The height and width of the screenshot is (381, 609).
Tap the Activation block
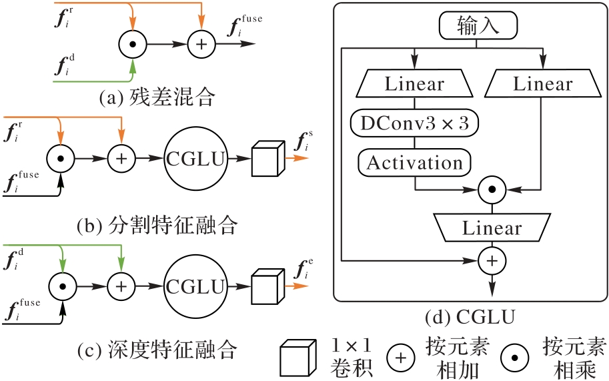coord(415,162)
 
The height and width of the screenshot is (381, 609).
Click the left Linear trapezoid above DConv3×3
coord(414,84)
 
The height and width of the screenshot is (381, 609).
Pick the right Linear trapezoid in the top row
coord(542,84)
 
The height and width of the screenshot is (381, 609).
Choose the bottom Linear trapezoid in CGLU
coord(492,228)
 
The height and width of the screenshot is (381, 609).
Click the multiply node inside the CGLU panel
coord(492,189)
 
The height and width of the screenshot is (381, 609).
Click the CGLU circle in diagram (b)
coord(195,159)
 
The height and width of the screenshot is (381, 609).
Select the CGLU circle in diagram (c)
coord(195,286)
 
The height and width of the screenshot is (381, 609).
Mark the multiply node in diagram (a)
coord(133,46)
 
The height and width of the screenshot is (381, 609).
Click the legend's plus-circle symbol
coord(401,358)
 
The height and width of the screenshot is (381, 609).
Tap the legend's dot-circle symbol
coord(518,358)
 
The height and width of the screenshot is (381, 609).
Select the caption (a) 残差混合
coord(157,99)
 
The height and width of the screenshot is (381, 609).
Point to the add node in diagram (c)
coord(121,286)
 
